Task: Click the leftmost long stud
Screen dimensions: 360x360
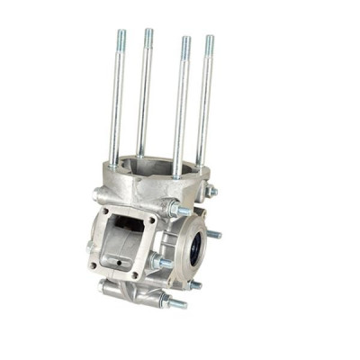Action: tap(116, 99)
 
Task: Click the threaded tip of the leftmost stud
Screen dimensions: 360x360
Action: tap(120, 40)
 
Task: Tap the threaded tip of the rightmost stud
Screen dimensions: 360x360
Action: tap(210, 45)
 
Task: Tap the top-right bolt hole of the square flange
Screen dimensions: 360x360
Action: tap(150, 220)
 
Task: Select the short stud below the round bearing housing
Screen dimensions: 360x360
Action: tap(193, 285)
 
